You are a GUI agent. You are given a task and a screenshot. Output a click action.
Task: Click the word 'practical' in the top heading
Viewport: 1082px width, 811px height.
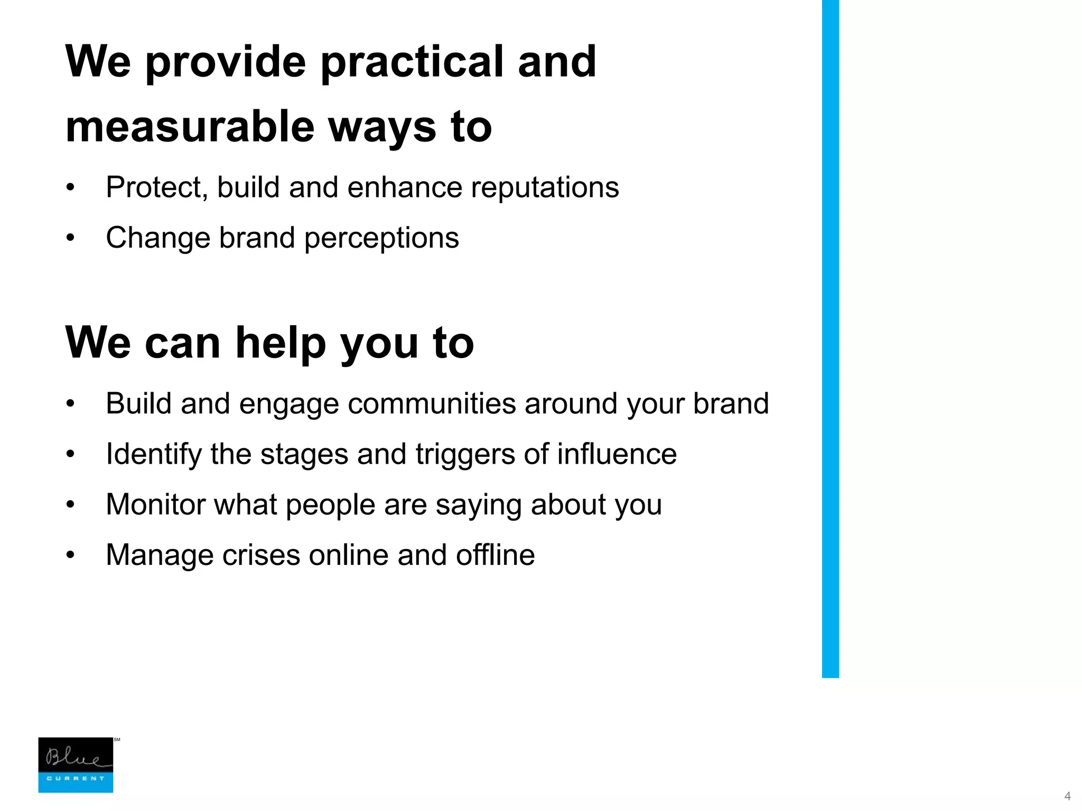click(412, 62)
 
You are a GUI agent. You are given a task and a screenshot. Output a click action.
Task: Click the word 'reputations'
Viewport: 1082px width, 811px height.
click(545, 187)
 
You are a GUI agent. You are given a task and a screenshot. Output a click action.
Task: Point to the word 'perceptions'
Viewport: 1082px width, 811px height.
click(381, 238)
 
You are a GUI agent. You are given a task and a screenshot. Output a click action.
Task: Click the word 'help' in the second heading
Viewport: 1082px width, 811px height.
click(280, 343)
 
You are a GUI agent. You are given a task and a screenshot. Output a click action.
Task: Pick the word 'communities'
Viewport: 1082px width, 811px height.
click(432, 404)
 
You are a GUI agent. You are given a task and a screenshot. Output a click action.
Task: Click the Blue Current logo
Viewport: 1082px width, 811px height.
click(76, 765)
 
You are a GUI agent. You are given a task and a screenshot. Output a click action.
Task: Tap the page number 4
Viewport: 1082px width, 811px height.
click(1067, 796)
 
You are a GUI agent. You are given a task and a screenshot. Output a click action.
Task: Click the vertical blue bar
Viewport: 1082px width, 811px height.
click(830, 338)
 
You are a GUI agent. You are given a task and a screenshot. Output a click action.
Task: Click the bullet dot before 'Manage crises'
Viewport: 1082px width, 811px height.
click(71, 555)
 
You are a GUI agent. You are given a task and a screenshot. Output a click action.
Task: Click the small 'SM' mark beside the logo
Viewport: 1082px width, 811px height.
click(117, 740)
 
